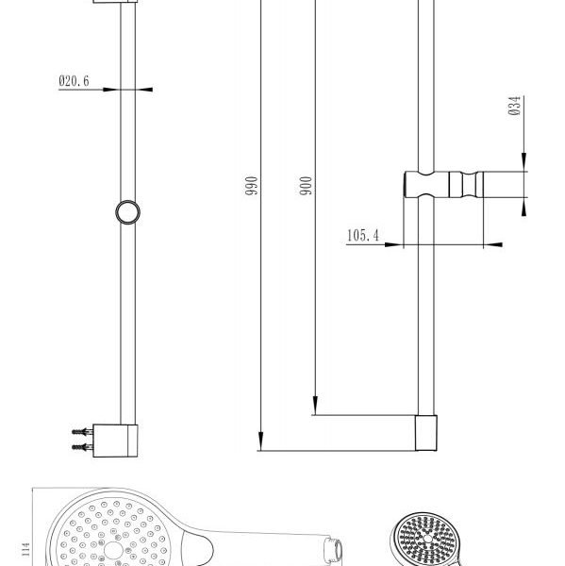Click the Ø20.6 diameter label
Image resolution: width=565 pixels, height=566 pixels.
(74, 82)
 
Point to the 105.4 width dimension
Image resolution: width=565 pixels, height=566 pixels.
(361, 235)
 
